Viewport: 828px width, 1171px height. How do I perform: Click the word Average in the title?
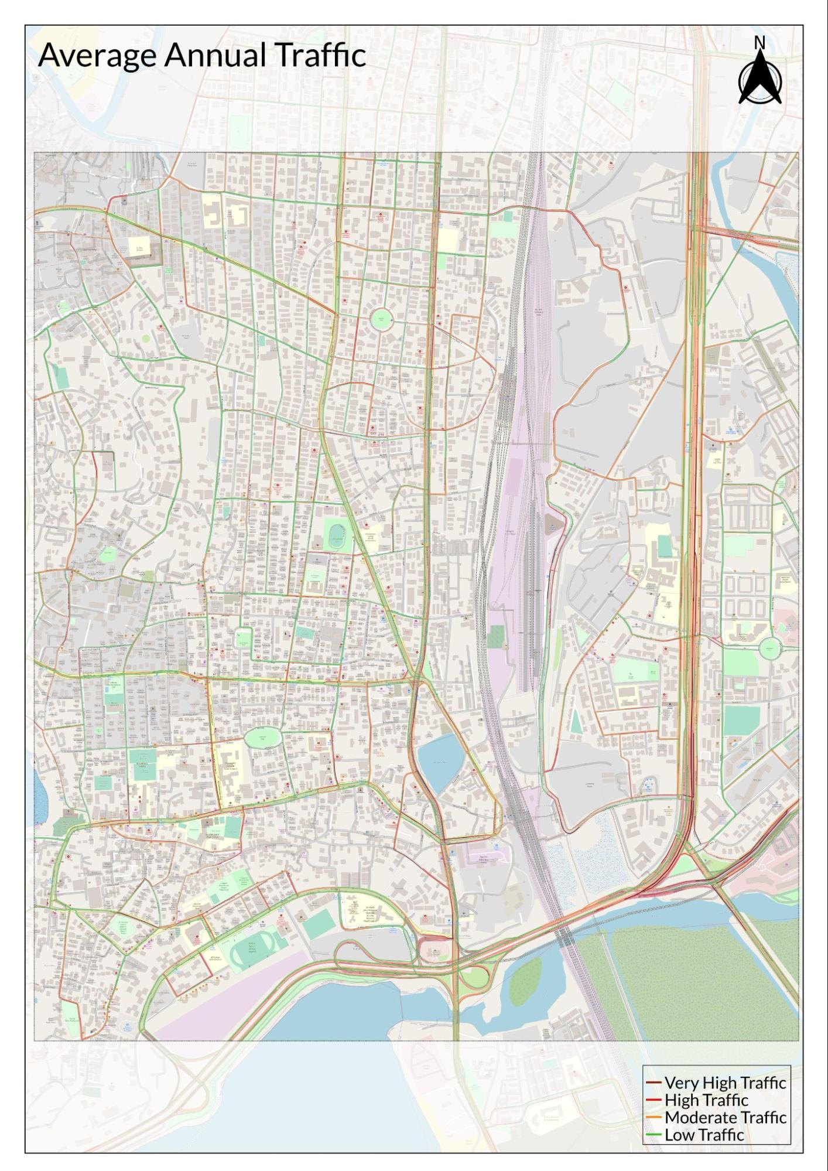pos(98,56)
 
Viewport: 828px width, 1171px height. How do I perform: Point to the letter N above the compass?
pos(759,43)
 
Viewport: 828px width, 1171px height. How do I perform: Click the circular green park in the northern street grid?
pos(381,319)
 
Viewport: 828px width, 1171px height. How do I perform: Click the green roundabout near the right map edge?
pos(769,648)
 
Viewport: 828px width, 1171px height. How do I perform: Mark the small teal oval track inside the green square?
pos(337,542)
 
